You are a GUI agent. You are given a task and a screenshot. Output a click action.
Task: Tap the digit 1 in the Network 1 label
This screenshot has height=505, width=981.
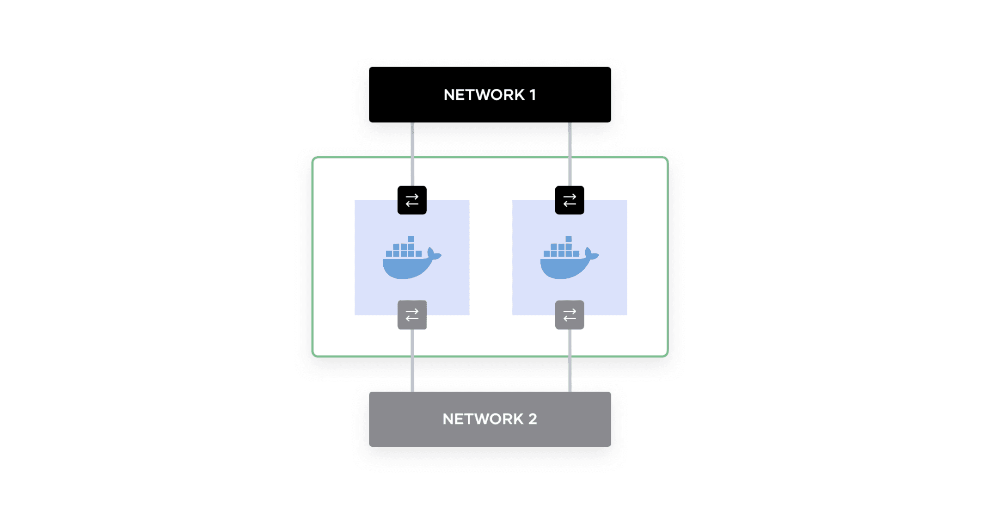click(533, 95)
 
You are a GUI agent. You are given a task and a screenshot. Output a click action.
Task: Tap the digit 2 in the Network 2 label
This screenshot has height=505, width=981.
click(533, 419)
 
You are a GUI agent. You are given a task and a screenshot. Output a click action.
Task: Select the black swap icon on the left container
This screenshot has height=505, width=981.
click(412, 200)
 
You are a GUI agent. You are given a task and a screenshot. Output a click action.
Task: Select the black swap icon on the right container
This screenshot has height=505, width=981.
click(570, 200)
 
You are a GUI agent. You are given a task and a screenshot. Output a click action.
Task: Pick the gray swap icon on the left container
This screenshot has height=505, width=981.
click(412, 315)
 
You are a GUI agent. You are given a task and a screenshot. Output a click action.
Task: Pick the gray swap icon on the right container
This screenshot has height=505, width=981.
click(570, 315)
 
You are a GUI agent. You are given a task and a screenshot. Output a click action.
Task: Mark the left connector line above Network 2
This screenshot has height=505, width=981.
click(412, 370)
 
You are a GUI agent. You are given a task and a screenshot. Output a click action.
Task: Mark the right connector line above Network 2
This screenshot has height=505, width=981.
click(570, 370)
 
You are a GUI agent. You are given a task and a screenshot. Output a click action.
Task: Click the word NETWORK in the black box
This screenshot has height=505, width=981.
click(484, 95)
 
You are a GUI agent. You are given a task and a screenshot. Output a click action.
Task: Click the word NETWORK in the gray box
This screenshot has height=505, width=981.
click(483, 419)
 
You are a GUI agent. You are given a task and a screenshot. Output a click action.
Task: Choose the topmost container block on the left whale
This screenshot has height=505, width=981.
click(411, 239)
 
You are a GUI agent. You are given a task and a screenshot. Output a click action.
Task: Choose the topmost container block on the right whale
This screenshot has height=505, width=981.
click(569, 239)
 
